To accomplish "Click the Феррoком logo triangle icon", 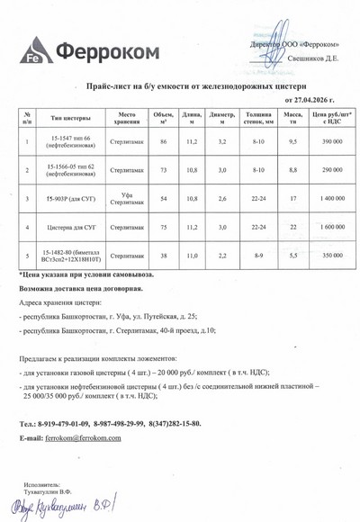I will point(33,49).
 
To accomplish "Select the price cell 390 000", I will point(331,142).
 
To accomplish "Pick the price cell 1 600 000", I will point(331,228).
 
